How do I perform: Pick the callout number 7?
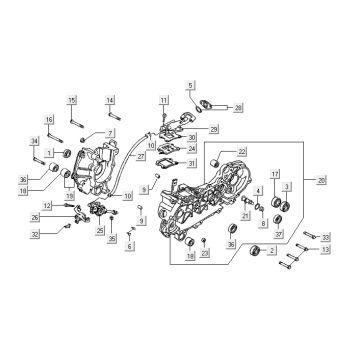click(x=111, y=133)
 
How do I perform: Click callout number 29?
click(x=214, y=129)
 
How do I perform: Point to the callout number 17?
click(x=275, y=174)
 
